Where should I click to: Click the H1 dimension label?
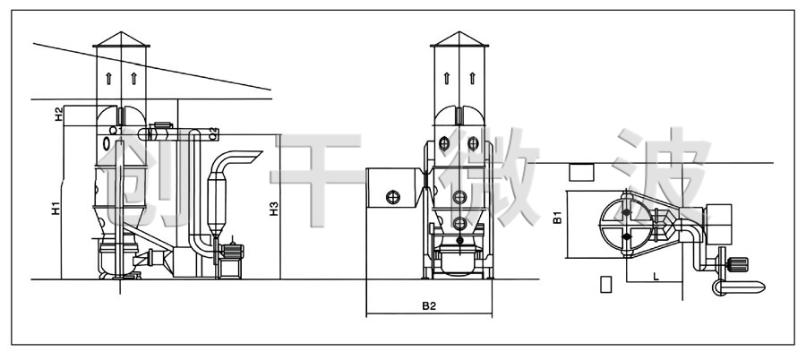56,209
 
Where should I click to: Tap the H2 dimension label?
59,114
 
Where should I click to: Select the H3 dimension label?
275,209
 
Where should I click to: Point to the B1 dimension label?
557,218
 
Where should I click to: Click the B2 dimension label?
429,306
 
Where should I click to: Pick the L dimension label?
656,277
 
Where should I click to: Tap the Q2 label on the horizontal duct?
214,134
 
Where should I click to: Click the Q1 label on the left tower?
116,131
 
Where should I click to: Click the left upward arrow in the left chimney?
108,78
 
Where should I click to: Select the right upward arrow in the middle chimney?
472,78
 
